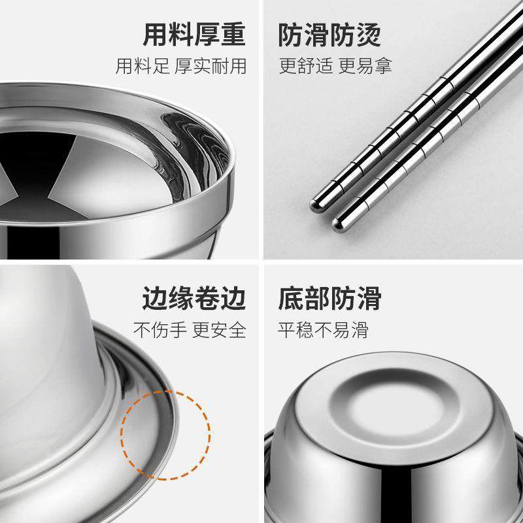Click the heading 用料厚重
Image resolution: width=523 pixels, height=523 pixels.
tap(194, 36)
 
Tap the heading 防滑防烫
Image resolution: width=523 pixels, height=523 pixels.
tap(330, 36)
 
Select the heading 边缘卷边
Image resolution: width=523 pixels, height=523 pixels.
tap(194, 299)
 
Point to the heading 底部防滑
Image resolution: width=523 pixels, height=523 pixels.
tap(330, 299)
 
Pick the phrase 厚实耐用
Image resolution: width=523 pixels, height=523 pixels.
tap(211, 67)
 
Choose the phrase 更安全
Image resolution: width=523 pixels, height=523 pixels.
tap(219, 329)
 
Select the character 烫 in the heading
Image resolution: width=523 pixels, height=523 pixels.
tap(369, 36)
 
